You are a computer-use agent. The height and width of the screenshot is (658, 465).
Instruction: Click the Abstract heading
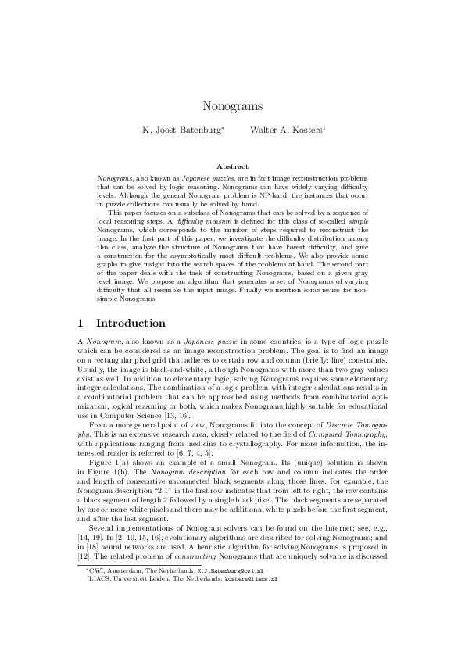pos(232,166)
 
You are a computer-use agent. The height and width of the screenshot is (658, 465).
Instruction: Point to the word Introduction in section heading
pos(131,323)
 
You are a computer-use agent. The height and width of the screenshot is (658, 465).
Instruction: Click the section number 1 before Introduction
pos(83,323)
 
